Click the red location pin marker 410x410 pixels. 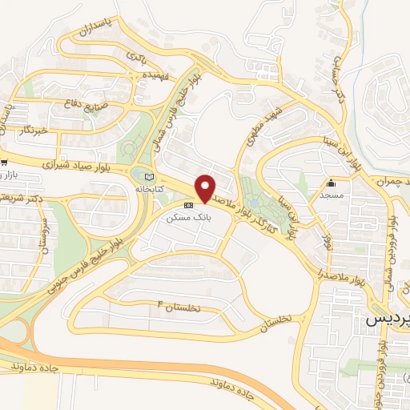click(206, 187)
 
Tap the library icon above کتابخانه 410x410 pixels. click(147, 176)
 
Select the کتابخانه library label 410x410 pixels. click(148, 189)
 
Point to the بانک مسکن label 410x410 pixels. click(186, 217)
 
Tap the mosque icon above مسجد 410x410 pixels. click(332, 183)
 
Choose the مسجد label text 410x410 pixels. click(330, 195)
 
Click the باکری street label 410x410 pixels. click(135, 57)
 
